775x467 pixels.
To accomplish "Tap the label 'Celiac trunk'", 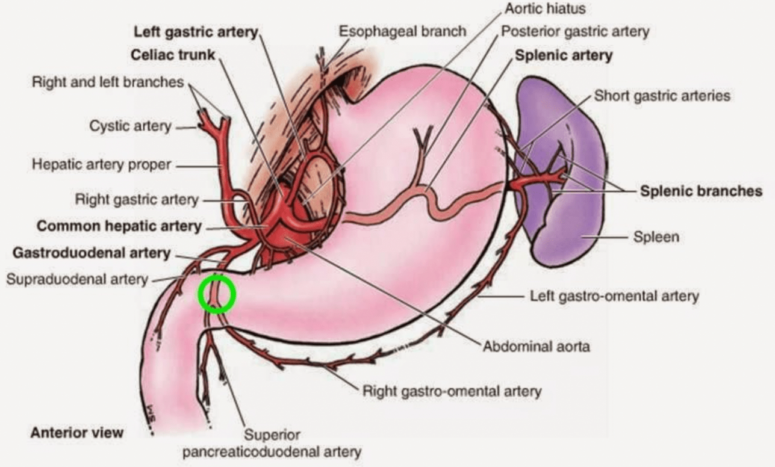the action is (x=173, y=55).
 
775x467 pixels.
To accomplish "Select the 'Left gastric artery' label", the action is (x=196, y=32).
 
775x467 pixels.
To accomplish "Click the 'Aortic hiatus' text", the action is (x=545, y=8).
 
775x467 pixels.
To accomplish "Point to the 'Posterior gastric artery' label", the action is (x=575, y=31).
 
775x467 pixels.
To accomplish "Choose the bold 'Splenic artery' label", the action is (x=564, y=55).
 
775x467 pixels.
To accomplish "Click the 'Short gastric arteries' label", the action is (x=662, y=96).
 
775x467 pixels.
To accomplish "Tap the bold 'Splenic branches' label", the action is (x=701, y=191).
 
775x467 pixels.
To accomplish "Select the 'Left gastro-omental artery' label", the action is (x=614, y=296).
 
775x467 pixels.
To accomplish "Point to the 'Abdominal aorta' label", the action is (x=537, y=347).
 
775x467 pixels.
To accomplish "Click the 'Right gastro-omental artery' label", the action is (x=452, y=391).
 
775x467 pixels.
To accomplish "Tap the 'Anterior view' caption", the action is (x=77, y=433).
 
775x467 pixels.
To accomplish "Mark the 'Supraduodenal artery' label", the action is (x=77, y=279).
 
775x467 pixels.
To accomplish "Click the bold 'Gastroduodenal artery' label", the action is (x=92, y=253).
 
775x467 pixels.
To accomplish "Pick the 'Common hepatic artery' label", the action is (x=119, y=226).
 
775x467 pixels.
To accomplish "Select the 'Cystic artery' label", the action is (x=130, y=126).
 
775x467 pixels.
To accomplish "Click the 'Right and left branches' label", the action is (x=108, y=82).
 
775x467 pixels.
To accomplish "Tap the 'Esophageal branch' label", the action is (x=402, y=31).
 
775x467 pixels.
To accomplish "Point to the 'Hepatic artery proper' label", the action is (x=101, y=164).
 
